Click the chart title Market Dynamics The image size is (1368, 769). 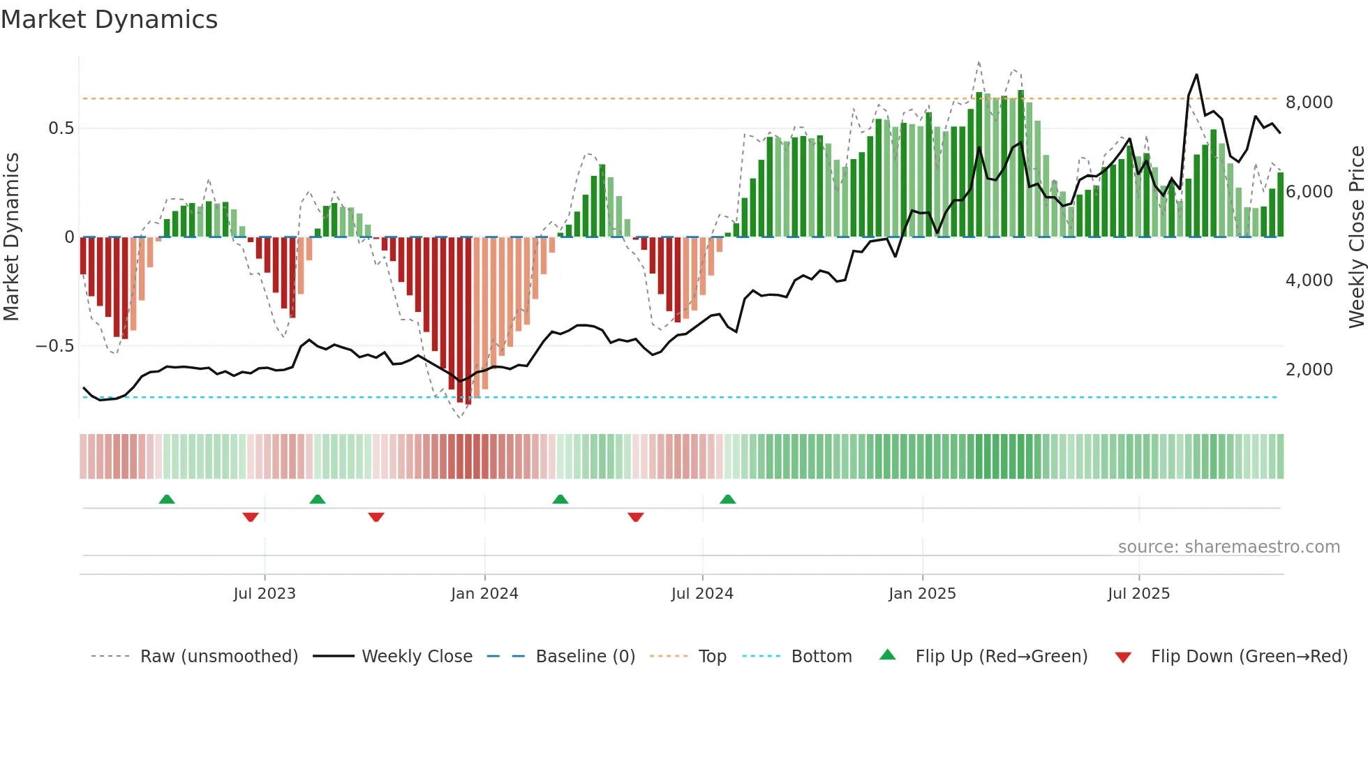tap(109, 20)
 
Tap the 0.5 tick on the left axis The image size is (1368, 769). tap(61, 128)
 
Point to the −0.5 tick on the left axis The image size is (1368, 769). tap(55, 346)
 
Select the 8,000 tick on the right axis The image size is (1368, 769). tap(1309, 103)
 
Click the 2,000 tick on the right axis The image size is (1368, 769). tap(1309, 370)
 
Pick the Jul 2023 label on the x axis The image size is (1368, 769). tap(265, 594)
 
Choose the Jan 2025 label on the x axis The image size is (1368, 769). tap(922, 594)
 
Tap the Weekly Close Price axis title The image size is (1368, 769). tap(1356, 237)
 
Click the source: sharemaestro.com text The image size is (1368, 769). tap(1228, 547)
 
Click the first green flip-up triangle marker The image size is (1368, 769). tap(167, 500)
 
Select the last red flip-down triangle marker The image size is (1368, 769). tap(635, 517)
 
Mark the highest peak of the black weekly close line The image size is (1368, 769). tap(1196, 75)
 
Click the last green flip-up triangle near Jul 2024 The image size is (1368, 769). tap(728, 500)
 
